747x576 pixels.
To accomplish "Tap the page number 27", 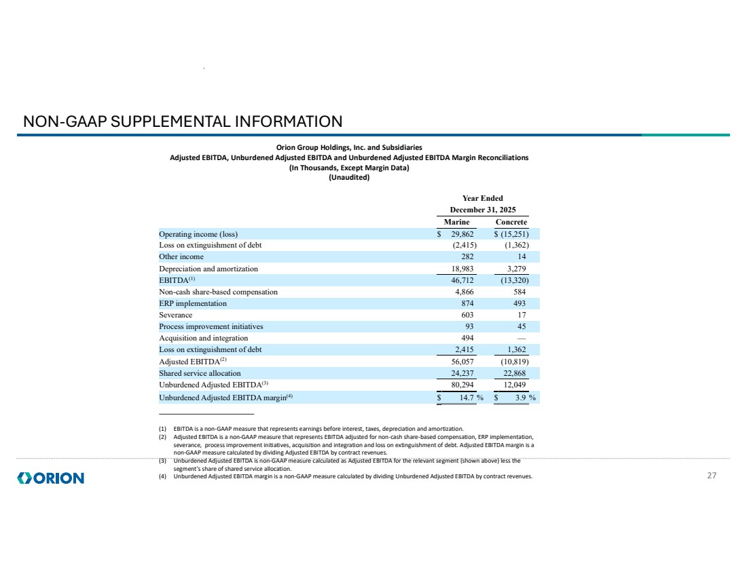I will tap(712, 476).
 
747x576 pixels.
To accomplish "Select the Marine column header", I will tap(456, 222).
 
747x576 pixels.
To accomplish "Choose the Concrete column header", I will tap(511, 222).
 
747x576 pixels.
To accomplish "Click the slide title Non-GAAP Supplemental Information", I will tap(183, 121).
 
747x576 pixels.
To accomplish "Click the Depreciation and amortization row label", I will tap(208, 269).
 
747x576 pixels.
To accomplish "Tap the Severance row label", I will tap(175, 315).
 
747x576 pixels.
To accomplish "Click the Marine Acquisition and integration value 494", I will tap(465, 338).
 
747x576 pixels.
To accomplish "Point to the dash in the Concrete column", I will tap(521, 338).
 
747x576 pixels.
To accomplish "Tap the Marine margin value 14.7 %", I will tap(467, 398).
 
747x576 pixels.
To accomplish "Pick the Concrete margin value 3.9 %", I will tap(522, 398).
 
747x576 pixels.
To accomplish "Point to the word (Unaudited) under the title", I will tap(348, 178).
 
